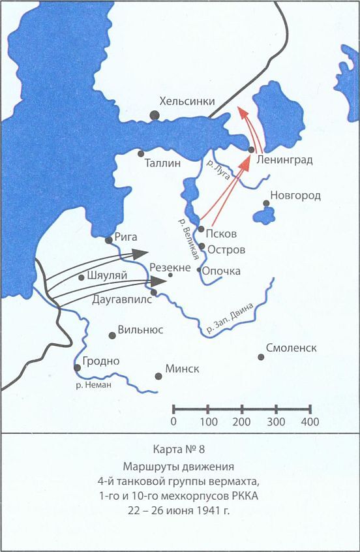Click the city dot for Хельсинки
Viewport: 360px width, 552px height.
click(x=155, y=115)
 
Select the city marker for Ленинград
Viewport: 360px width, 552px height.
click(x=251, y=150)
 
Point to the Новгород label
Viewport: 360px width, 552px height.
click(x=296, y=196)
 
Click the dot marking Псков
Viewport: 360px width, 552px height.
click(x=202, y=229)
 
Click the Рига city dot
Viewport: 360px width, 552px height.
click(x=109, y=240)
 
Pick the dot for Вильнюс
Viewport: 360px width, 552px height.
click(x=112, y=335)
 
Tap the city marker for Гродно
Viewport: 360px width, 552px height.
click(x=78, y=367)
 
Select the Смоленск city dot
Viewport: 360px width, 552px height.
click(x=261, y=357)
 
